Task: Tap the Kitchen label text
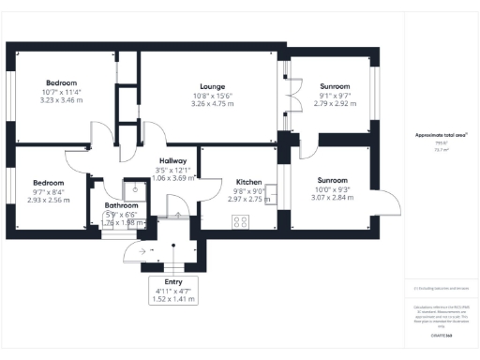[x=248, y=181]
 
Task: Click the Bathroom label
[x=122, y=205]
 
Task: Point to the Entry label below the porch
[x=174, y=281]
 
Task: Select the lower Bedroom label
[x=49, y=182]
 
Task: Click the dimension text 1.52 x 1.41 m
[x=174, y=300]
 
